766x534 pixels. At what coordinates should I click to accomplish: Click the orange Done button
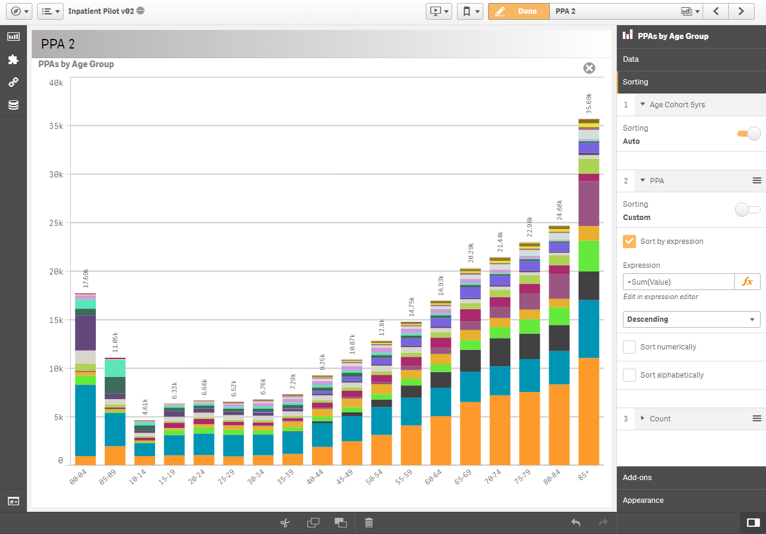(x=519, y=11)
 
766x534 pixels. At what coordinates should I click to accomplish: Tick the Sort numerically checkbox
(x=629, y=347)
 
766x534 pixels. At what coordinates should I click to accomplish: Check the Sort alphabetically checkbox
(x=629, y=375)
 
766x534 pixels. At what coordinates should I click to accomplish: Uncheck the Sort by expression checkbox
(x=629, y=242)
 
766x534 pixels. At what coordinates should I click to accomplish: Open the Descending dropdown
(x=691, y=319)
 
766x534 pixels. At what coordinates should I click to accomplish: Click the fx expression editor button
(x=747, y=282)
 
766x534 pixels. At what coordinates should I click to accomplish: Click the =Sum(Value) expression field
(x=678, y=282)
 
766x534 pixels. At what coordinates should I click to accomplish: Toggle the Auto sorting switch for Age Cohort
(x=749, y=134)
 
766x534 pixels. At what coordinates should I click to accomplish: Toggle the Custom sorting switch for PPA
(x=747, y=210)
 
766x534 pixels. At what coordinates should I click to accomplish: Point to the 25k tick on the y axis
(x=56, y=223)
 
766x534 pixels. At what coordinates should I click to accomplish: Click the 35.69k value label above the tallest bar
(x=589, y=103)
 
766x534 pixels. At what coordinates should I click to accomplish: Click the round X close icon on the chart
(x=589, y=68)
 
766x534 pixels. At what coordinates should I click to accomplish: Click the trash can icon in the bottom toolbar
(x=369, y=523)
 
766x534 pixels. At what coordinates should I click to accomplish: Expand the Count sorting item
(x=643, y=418)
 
